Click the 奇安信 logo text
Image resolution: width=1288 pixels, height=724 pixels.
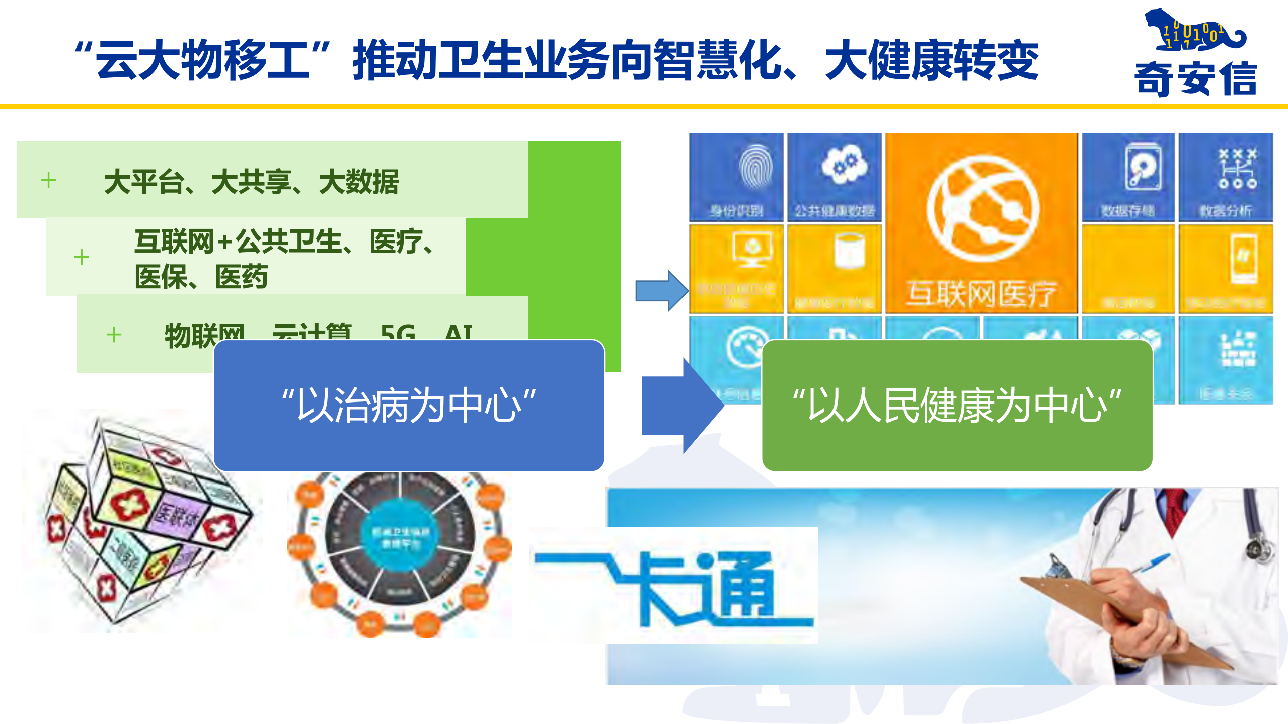tap(1196, 78)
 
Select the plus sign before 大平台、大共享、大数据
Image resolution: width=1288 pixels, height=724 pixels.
tap(48, 180)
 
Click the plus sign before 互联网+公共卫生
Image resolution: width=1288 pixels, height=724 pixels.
tap(81, 257)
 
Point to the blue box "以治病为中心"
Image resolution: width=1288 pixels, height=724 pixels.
tap(409, 406)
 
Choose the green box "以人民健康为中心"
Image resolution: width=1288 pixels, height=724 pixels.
tap(957, 406)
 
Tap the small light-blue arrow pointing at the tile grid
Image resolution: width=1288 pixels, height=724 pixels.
tap(661, 291)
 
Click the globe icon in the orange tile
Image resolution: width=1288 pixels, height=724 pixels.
tap(982, 209)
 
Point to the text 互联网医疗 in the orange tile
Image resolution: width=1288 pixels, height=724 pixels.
tap(981, 294)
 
